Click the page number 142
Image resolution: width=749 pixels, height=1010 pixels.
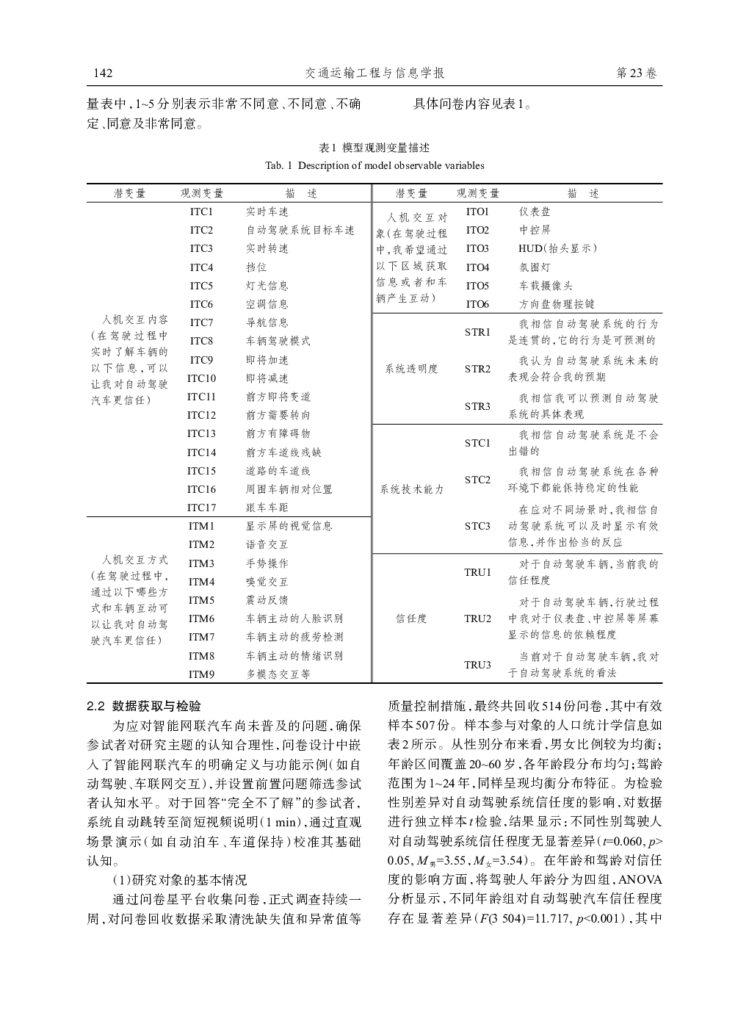pyautogui.click(x=102, y=73)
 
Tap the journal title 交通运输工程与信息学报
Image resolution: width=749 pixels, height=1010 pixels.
pyautogui.click(x=374, y=73)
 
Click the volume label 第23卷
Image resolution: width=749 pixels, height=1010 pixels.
pyautogui.click(x=637, y=73)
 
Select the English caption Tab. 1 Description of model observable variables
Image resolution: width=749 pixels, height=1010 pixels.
pyautogui.click(x=374, y=165)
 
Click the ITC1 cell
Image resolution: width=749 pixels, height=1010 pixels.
pyautogui.click(x=201, y=212)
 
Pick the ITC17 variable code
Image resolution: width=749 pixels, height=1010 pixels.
pyautogui.click(x=201, y=508)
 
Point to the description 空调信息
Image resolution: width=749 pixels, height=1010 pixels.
pyautogui.click(x=267, y=304)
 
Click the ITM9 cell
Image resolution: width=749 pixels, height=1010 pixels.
pyautogui.click(x=201, y=674)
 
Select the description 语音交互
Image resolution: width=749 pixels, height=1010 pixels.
pyautogui.click(x=267, y=544)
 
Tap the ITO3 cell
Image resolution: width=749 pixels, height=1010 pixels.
pyautogui.click(x=477, y=248)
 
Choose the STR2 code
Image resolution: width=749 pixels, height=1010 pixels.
pyautogui.click(x=477, y=369)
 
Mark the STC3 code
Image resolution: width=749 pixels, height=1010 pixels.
pyautogui.click(x=477, y=526)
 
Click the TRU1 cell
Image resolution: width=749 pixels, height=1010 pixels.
pyautogui.click(x=477, y=572)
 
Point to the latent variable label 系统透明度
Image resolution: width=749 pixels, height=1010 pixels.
pyautogui.click(x=411, y=369)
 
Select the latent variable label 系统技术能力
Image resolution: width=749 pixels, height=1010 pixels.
pyautogui.click(x=411, y=489)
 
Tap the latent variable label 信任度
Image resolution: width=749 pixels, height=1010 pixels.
pyautogui.click(x=411, y=618)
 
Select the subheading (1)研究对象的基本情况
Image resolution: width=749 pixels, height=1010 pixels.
pyautogui.click(x=179, y=880)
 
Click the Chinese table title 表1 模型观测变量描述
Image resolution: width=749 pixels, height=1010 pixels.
pyautogui.click(x=374, y=148)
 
